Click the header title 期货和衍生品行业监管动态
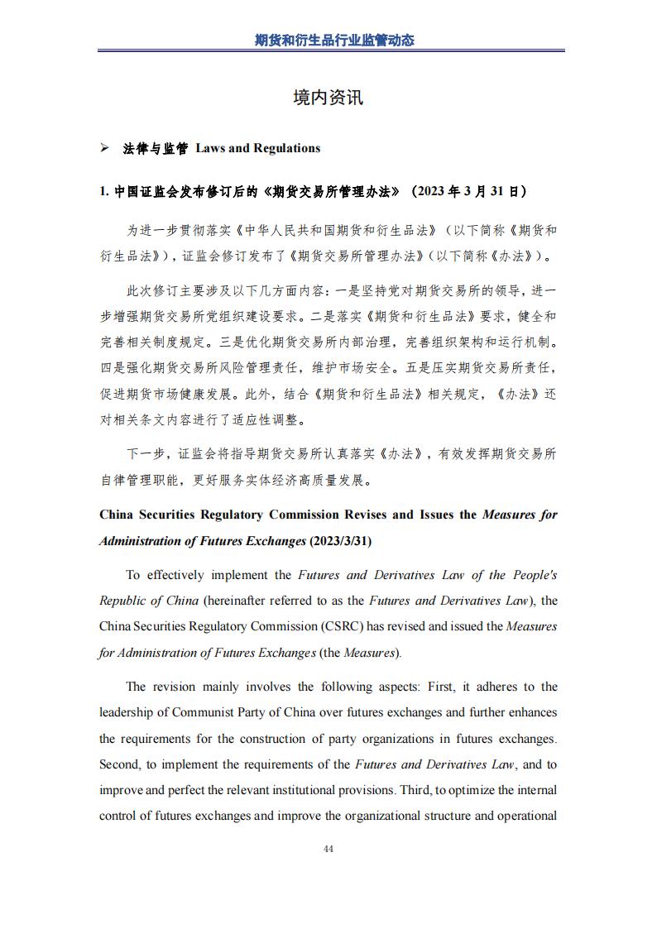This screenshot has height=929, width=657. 333,40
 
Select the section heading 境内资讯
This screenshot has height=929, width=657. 328,98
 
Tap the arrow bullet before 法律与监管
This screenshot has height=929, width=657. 104,148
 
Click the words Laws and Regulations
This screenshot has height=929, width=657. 257,148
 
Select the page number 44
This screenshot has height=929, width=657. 328,849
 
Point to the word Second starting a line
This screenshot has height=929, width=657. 119,764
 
